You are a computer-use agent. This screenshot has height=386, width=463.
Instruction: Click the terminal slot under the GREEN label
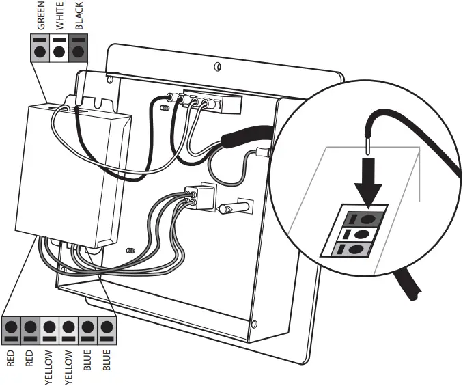(41, 51)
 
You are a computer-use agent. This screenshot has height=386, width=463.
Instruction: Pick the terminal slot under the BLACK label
(78, 51)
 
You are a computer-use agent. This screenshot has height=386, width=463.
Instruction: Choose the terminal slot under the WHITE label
(59, 51)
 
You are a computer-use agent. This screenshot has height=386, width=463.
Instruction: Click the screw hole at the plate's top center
(216, 66)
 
